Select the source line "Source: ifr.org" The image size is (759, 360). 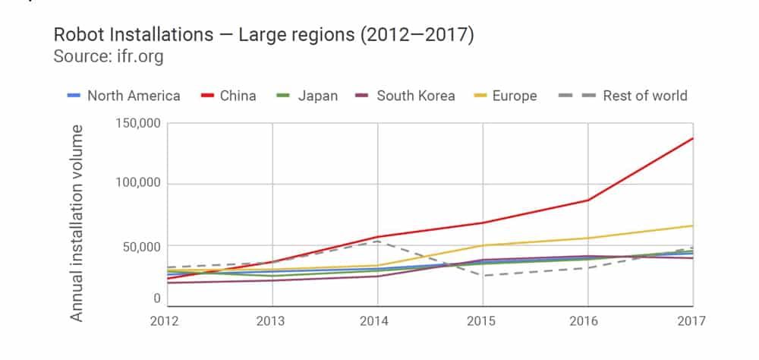(x=108, y=57)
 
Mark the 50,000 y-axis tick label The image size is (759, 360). (x=140, y=246)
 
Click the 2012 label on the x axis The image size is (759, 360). (x=165, y=321)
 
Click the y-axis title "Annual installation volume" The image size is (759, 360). (x=77, y=223)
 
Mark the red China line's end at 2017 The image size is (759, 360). (x=692, y=138)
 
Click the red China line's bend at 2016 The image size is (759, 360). (x=587, y=200)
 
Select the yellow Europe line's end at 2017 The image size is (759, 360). (x=692, y=226)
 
